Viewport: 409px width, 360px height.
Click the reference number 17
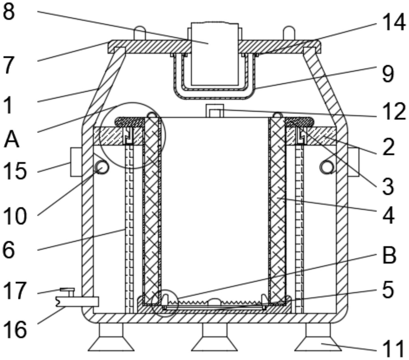15,291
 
